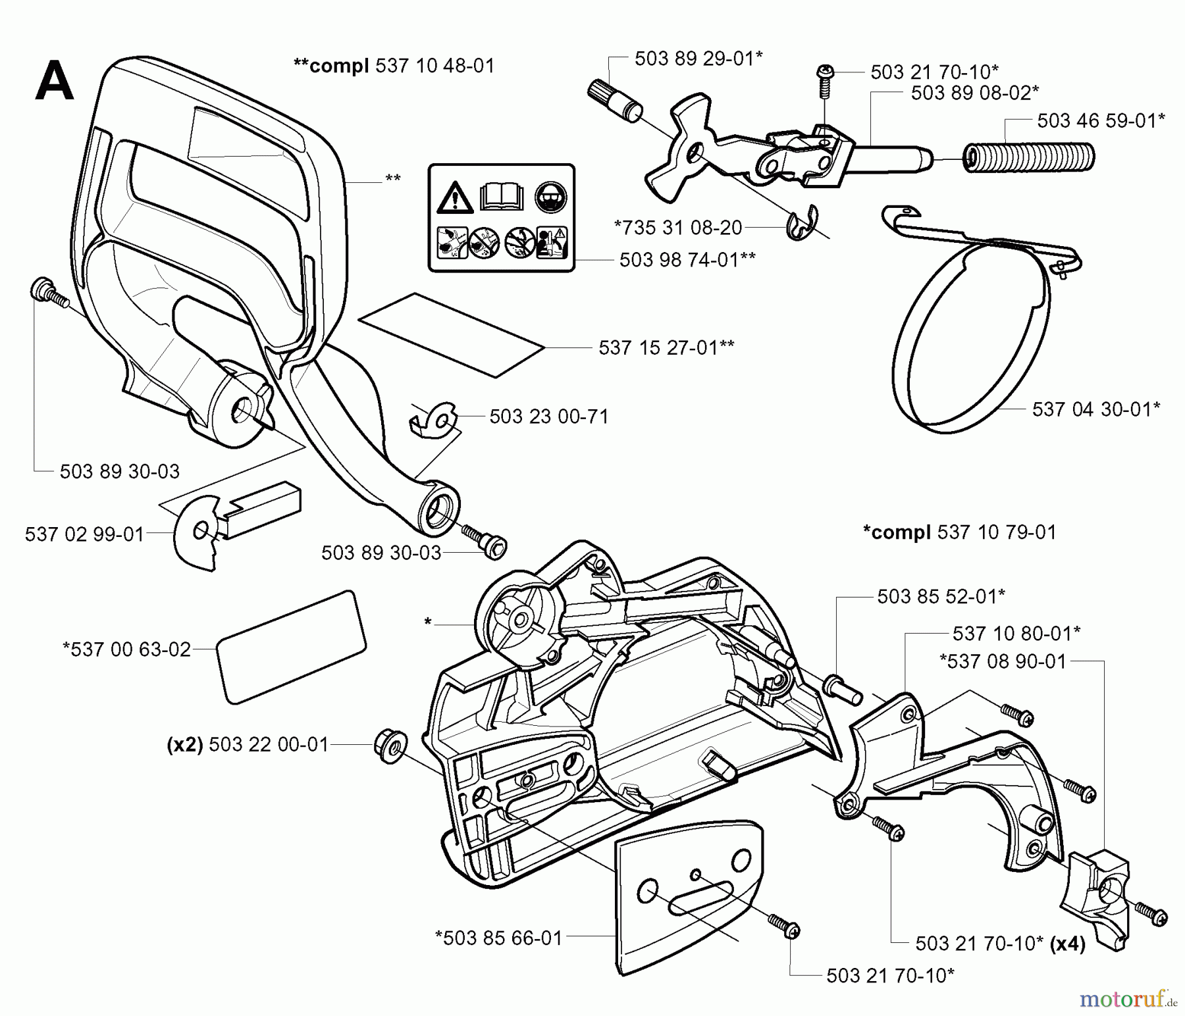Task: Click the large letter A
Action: tap(54, 80)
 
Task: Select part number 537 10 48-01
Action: tap(434, 66)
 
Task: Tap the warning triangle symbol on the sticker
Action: tap(454, 197)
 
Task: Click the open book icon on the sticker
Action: tap(502, 196)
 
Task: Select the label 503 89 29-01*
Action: tap(698, 59)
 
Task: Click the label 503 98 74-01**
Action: tap(687, 259)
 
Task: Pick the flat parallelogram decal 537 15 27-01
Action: tap(451, 335)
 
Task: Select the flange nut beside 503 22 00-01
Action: tap(390, 746)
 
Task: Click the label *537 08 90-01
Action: tap(1003, 661)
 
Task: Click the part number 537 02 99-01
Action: tap(84, 534)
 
